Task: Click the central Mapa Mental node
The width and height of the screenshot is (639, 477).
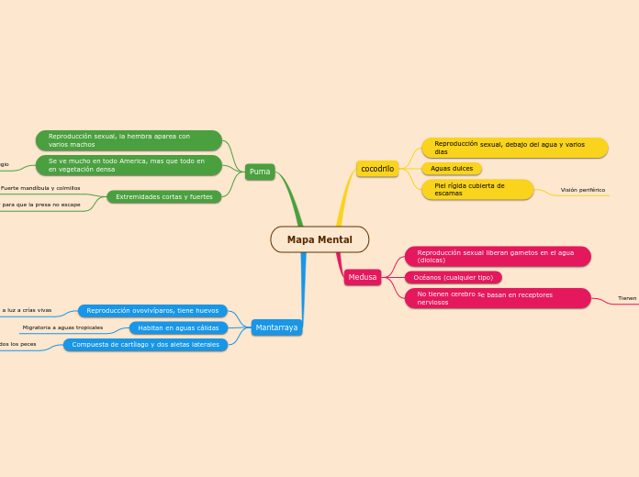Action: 319,239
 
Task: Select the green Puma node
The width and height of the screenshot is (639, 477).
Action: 260,172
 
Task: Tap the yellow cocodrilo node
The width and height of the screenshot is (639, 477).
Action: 377,169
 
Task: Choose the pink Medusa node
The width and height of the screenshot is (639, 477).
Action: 363,277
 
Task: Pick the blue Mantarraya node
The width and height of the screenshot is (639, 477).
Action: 276,327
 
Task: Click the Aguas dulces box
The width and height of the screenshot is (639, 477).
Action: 452,169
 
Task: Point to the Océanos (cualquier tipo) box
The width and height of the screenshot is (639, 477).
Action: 454,277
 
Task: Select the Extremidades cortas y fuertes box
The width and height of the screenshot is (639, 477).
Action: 164,196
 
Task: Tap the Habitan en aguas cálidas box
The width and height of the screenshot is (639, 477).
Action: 178,327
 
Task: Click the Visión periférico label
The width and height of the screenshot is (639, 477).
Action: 582,190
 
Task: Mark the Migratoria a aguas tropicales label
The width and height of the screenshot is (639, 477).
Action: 62,327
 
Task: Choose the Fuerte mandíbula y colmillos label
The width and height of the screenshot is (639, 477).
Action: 40,188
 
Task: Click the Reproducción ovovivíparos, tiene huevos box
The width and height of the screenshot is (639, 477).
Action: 152,311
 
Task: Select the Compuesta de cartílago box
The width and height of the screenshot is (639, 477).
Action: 145,345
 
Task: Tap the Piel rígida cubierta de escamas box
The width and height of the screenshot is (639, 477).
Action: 477,190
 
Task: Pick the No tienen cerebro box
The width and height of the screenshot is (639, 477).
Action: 498,298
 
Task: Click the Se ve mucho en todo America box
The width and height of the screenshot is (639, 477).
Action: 129,165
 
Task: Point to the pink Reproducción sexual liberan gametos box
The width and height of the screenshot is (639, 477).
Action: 498,256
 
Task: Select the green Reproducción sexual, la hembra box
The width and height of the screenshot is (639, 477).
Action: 129,140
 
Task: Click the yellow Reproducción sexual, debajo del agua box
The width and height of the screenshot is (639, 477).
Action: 514,148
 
